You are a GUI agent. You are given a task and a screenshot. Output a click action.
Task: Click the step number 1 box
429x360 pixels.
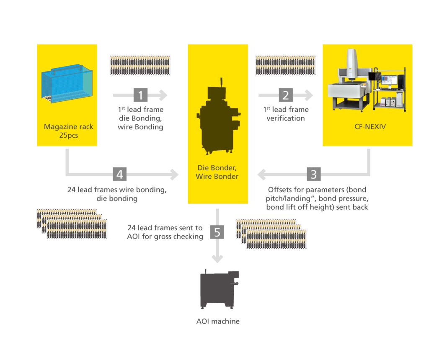tap(140, 95)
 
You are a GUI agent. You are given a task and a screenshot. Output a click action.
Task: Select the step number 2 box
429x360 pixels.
tap(286, 95)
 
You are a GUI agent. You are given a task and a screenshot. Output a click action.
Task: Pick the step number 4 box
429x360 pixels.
tap(119, 173)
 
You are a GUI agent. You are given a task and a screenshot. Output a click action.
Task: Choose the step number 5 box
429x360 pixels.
tap(217, 231)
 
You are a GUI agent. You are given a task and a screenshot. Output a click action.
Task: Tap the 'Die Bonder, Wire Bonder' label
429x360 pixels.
tap(217, 172)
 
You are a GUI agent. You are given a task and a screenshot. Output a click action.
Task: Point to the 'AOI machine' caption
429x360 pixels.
tap(218, 321)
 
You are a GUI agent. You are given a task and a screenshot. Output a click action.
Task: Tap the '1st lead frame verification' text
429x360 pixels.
tap(286, 114)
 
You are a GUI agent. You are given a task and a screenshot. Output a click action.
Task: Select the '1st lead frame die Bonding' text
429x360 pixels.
tap(140, 118)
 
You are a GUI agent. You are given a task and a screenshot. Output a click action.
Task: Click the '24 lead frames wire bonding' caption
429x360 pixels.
tap(117, 194)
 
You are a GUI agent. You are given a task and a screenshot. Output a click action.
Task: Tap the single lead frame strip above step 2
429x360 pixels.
tap(285, 65)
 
